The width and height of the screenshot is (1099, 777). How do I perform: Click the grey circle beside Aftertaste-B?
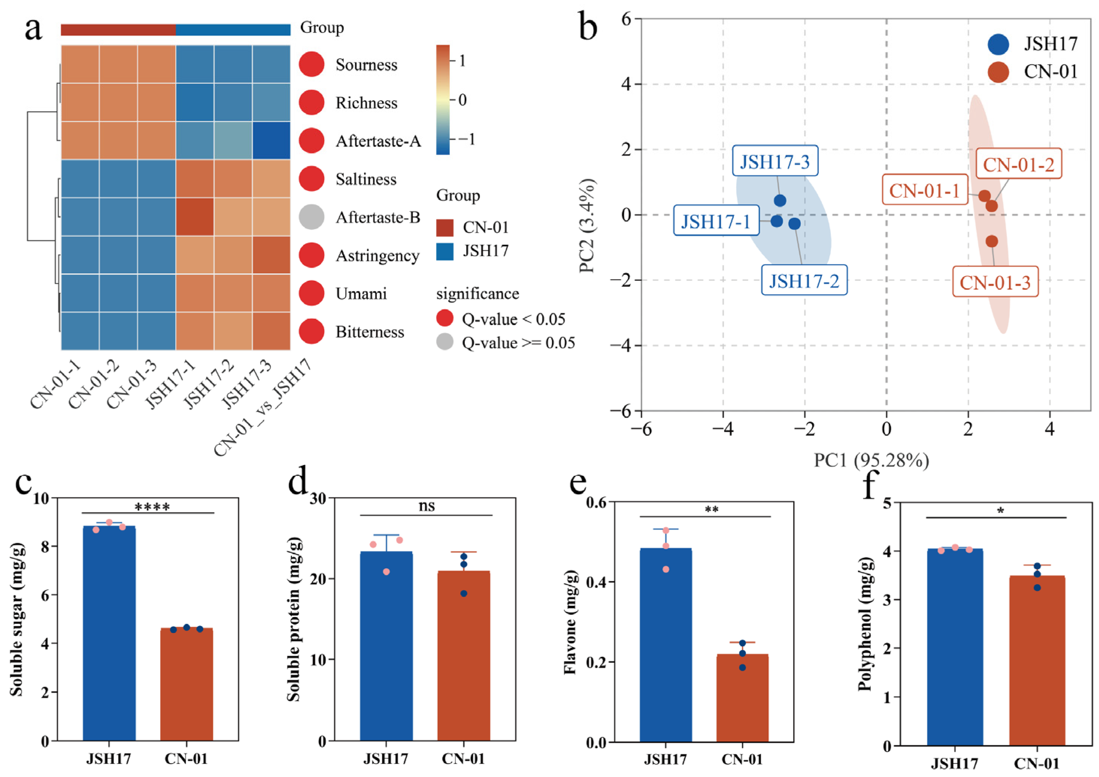[312, 217]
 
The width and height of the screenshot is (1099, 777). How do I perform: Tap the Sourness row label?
[366, 65]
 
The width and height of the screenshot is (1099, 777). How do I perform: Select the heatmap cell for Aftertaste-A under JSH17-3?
[271, 140]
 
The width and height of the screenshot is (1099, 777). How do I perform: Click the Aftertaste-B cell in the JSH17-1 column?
[195, 217]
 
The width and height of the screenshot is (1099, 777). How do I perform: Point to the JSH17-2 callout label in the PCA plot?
[804, 280]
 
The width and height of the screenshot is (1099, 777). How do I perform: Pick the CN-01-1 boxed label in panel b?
[925, 191]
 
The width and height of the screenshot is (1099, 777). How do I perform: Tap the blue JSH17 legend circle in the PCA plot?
[998, 44]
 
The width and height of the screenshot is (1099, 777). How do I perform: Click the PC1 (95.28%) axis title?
[871, 460]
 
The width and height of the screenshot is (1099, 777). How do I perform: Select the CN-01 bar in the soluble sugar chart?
[186, 684]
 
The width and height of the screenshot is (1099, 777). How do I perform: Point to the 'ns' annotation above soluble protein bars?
[426, 506]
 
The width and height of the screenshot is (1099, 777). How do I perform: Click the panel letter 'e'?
[578, 483]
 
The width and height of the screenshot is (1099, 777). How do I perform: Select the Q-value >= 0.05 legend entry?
[518, 343]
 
